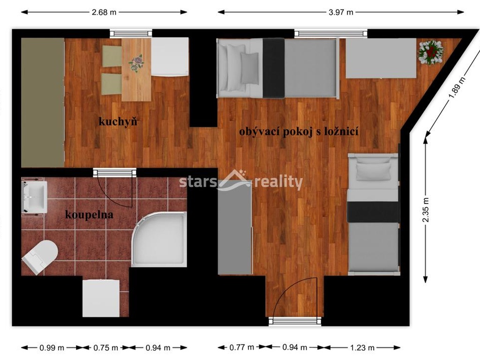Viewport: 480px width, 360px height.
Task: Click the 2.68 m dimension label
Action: (104, 12)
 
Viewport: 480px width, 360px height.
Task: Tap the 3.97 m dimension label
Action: (341, 12)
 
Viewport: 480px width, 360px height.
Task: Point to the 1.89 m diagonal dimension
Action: (457, 88)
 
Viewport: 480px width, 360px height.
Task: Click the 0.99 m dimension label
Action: (52, 348)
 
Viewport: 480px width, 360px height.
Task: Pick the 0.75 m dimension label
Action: (105, 348)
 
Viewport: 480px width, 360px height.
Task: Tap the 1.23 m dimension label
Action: (362, 348)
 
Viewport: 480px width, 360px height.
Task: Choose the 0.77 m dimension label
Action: (242, 347)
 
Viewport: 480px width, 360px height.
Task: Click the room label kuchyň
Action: (118, 121)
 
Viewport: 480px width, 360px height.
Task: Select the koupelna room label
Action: (89, 215)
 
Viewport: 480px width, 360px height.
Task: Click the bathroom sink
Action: (34, 197)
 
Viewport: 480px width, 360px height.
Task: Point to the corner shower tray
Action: (159, 239)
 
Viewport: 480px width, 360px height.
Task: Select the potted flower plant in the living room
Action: (431, 52)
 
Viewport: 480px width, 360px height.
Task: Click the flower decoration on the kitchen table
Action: (136, 63)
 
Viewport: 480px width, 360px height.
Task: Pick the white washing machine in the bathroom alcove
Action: (101, 298)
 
